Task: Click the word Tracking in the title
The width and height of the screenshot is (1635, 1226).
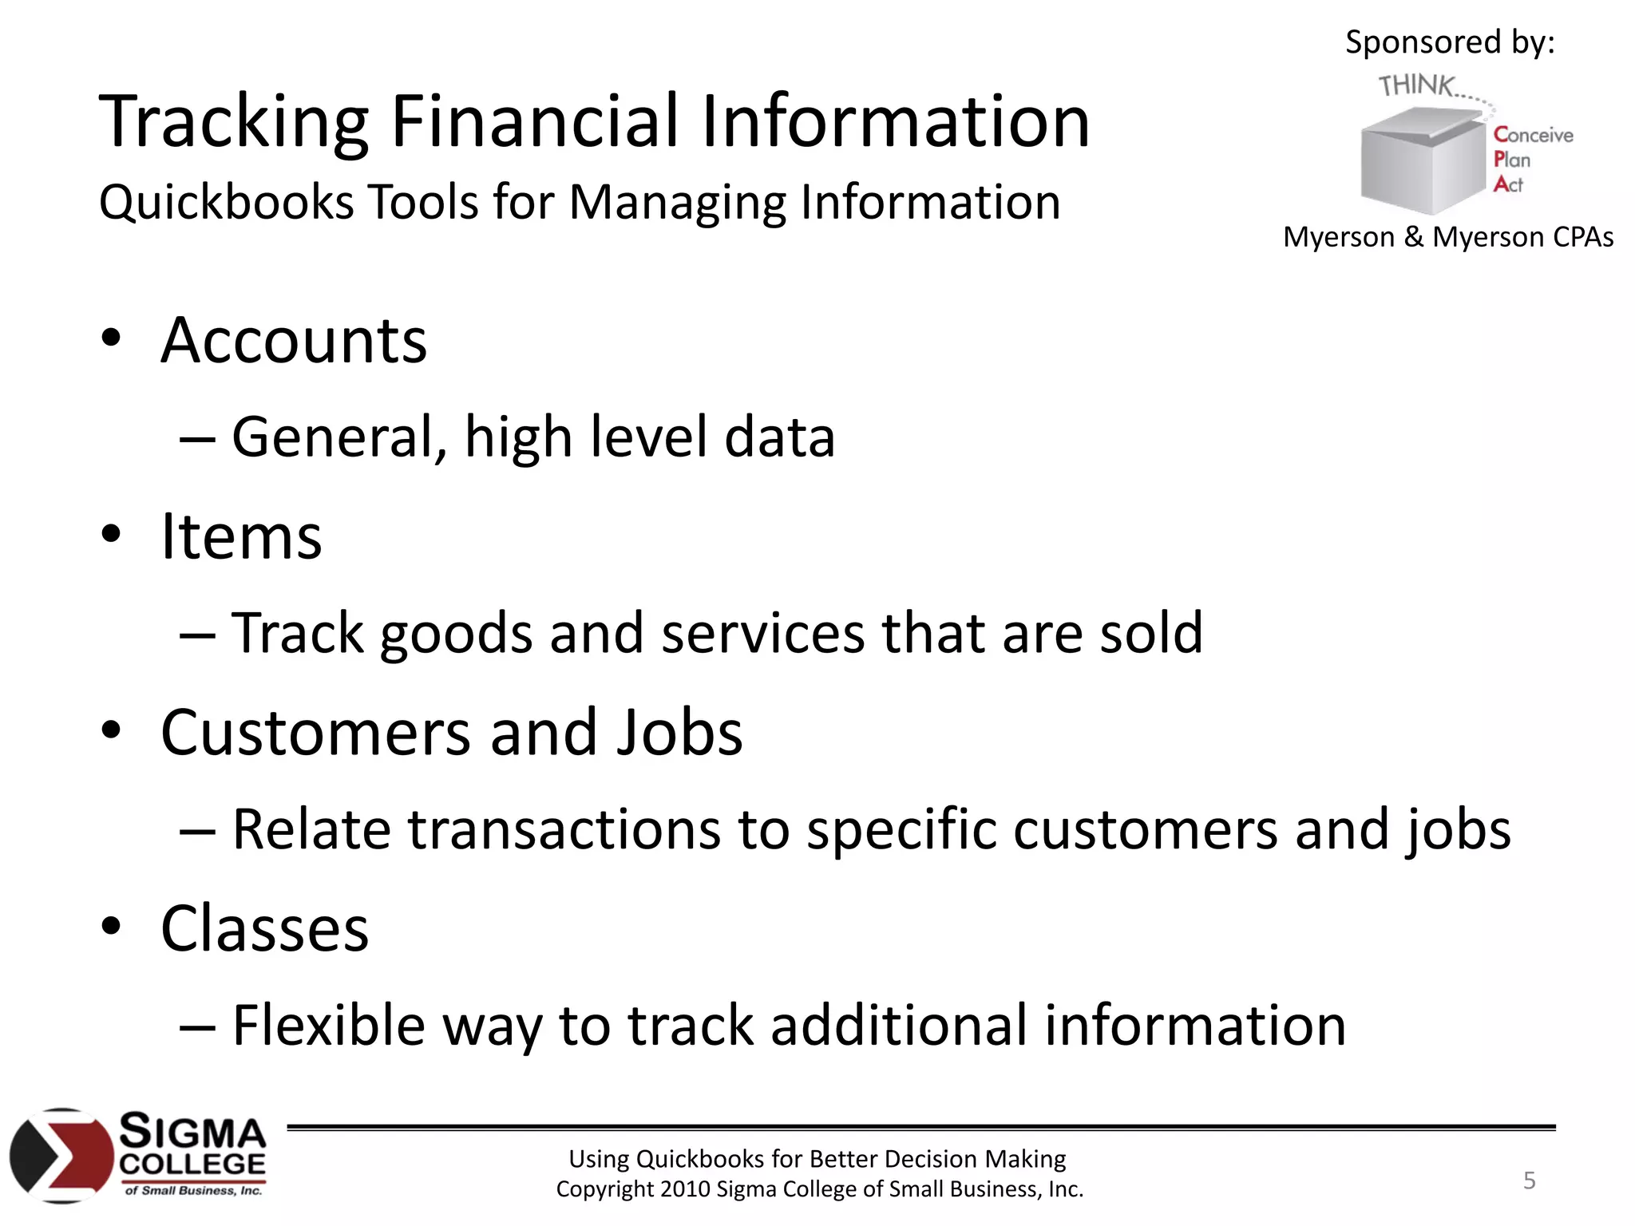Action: pos(233,124)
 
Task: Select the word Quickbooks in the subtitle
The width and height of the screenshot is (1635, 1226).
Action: pos(226,203)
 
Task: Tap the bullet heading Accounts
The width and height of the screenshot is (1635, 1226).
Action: pos(294,342)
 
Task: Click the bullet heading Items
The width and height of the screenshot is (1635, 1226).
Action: pos(241,537)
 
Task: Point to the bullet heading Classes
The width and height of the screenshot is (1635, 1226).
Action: pos(264,929)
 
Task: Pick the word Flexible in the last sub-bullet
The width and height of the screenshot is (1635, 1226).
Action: pos(328,1026)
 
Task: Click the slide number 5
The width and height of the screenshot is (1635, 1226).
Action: pos(1529,1181)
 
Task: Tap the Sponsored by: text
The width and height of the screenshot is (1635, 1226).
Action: pos(1450,42)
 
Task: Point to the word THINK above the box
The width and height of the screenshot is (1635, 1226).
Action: pos(1415,85)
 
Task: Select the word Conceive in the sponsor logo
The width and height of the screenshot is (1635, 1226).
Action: pos(1534,135)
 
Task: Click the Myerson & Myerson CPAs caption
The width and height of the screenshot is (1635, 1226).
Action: pos(1448,238)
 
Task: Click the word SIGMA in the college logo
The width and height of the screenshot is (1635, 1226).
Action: pos(192,1133)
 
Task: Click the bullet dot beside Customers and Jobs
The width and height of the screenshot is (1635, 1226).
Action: pos(111,730)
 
